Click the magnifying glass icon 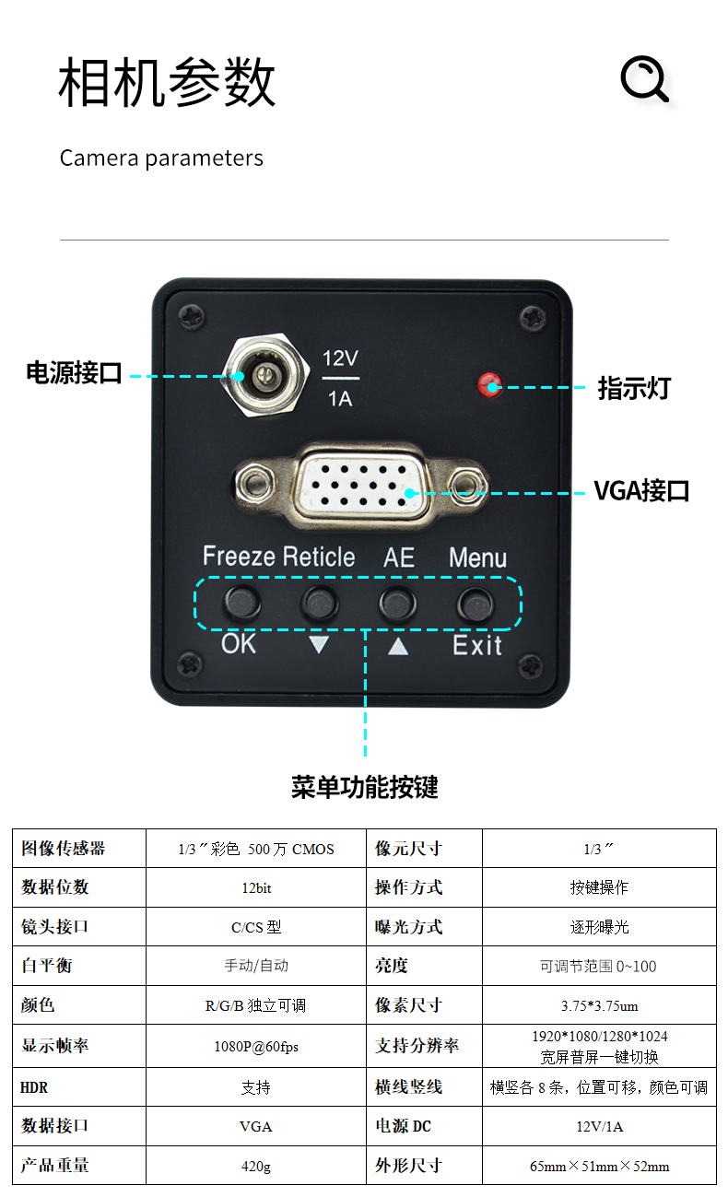(643, 79)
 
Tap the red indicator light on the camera (488, 384)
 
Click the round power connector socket (262, 375)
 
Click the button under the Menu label (476, 604)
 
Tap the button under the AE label (397, 604)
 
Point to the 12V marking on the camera (340, 358)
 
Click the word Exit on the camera (477, 645)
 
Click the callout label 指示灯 (634, 388)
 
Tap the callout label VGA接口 (641, 490)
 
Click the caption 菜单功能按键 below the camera (364, 787)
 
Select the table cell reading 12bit (256, 888)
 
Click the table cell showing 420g (256, 1167)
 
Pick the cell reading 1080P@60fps (256, 1047)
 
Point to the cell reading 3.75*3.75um (599, 1005)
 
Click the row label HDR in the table (34, 1088)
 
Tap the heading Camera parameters (161, 158)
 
